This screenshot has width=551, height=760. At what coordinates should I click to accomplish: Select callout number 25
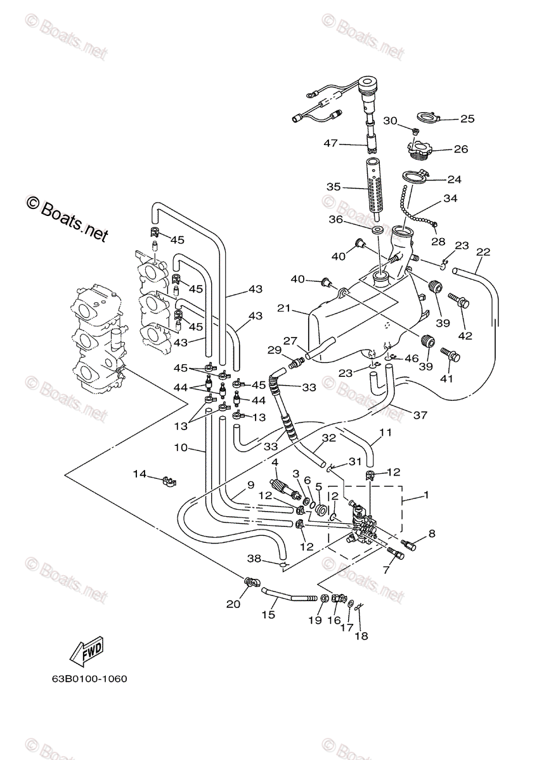pos(467,119)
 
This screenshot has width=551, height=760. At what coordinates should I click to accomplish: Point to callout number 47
pos(330,144)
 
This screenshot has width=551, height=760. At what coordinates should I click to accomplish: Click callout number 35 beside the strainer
pos(334,187)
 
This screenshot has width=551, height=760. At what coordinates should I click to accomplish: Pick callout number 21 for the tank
pos(283,308)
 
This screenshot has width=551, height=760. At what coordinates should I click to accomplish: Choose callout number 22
pos(483,252)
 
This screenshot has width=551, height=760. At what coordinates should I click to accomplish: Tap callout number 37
pos(420,415)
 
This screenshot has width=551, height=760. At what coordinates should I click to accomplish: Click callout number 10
pos(181,448)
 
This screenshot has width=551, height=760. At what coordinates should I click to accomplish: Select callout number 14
pos(139,474)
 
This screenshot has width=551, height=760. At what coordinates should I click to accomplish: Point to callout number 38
pos(254,558)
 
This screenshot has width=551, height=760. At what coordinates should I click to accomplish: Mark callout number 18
pos(361,636)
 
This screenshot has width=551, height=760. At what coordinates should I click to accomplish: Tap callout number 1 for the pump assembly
pos(426,495)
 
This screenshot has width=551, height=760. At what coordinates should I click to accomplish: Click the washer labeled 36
pos(377,231)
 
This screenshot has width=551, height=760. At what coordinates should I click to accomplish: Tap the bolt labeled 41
pos(450,354)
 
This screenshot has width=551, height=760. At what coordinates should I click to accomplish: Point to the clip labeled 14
pos(169,481)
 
